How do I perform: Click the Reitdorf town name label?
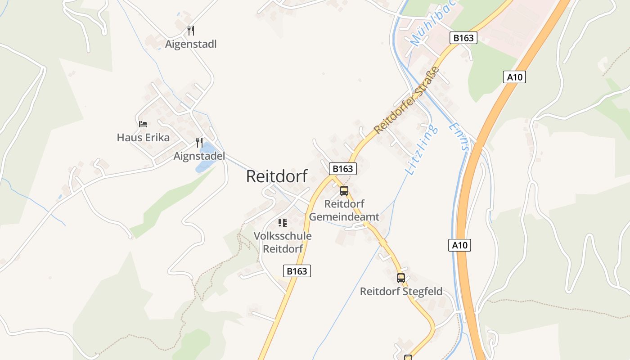(x=277, y=176)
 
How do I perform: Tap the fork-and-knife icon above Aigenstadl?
(x=191, y=31)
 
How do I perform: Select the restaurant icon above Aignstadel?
(x=199, y=143)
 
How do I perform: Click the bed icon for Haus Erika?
(x=143, y=124)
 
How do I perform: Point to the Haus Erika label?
(x=143, y=137)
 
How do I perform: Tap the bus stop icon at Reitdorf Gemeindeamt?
(x=344, y=191)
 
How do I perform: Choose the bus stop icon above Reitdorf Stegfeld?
(x=400, y=278)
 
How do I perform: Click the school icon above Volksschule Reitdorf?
(x=282, y=222)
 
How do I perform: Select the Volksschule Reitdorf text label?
(x=283, y=242)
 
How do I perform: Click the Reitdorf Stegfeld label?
(x=401, y=292)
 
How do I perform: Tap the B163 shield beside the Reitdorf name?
(x=343, y=169)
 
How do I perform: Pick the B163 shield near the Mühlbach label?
(x=463, y=38)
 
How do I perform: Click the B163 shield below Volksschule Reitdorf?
(x=297, y=271)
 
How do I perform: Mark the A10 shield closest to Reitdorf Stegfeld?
(x=459, y=245)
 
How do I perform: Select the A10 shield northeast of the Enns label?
(x=514, y=77)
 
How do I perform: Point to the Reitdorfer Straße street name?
(x=406, y=100)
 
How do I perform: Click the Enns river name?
(x=459, y=136)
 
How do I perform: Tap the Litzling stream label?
(x=421, y=150)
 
